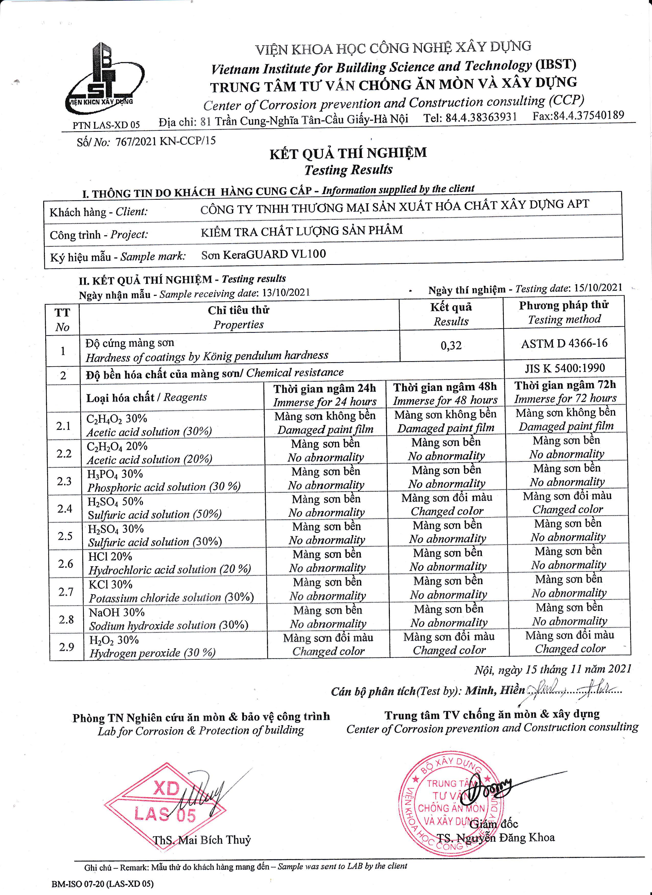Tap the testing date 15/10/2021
(x=598, y=287)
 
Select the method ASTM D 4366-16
(x=564, y=343)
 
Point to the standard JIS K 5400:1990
(x=564, y=368)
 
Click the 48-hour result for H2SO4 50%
(x=447, y=504)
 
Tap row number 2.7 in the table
(x=66, y=592)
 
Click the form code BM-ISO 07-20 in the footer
(x=102, y=884)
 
